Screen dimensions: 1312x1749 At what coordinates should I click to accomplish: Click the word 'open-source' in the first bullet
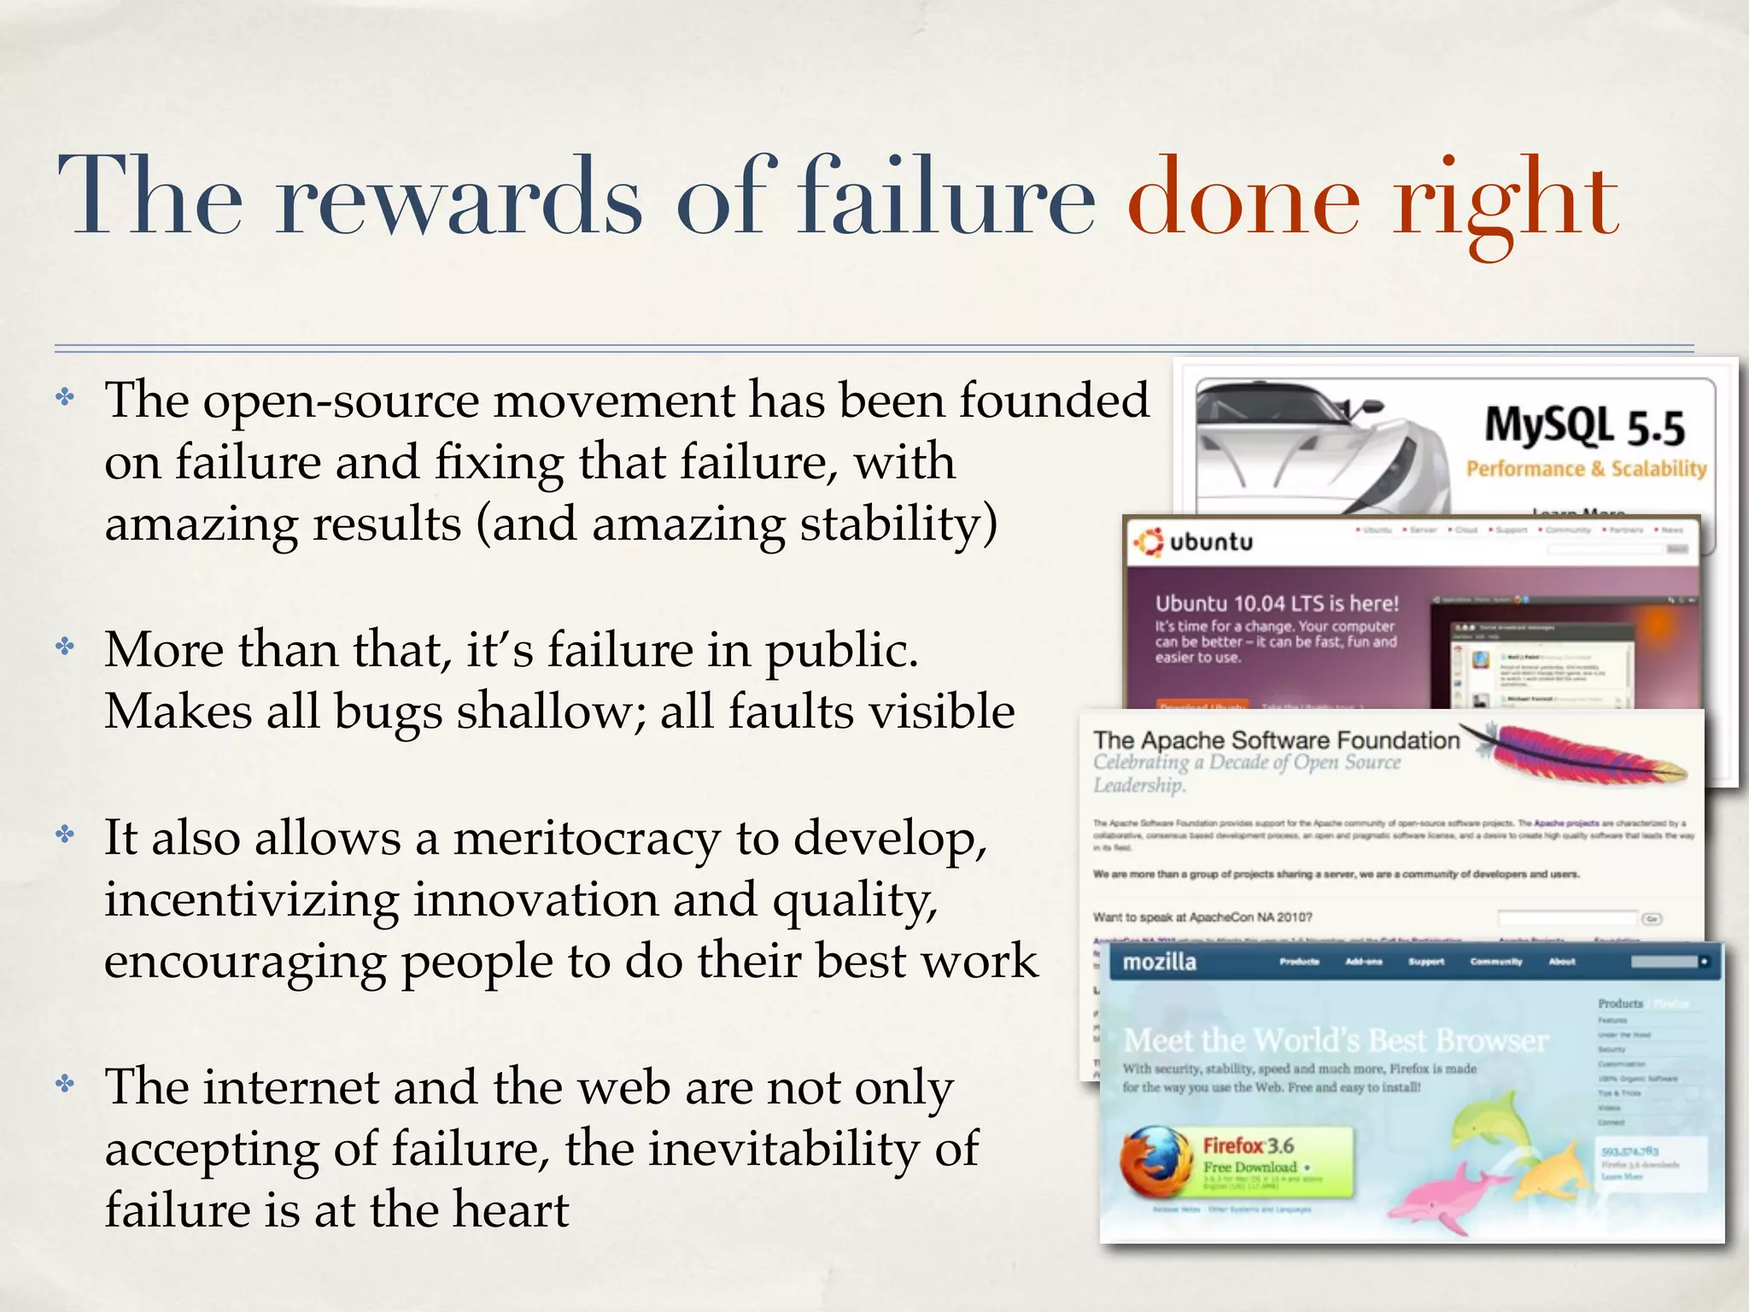341,401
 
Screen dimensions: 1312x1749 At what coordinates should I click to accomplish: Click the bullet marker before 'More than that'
66,647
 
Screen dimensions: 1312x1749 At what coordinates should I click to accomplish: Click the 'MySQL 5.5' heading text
1584,426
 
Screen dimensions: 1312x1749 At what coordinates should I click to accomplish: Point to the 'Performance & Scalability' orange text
1586,469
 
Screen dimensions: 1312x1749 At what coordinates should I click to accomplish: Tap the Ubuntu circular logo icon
1148,542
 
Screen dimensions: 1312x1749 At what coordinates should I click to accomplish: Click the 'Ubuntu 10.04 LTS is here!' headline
1277,604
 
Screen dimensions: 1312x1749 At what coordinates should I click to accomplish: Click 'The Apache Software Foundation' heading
1276,740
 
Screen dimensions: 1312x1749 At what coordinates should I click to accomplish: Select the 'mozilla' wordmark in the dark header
1159,963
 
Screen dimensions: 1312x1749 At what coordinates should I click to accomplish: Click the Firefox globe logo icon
1155,1161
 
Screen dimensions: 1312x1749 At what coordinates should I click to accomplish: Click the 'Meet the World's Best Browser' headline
1336,1040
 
